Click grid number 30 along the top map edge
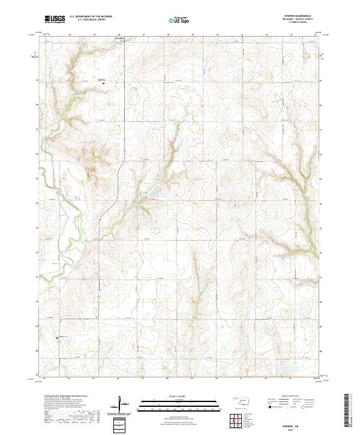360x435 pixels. (x=217, y=35)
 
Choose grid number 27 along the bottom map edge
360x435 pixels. (x=143, y=379)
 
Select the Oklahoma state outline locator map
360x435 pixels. (x=239, y=401)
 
